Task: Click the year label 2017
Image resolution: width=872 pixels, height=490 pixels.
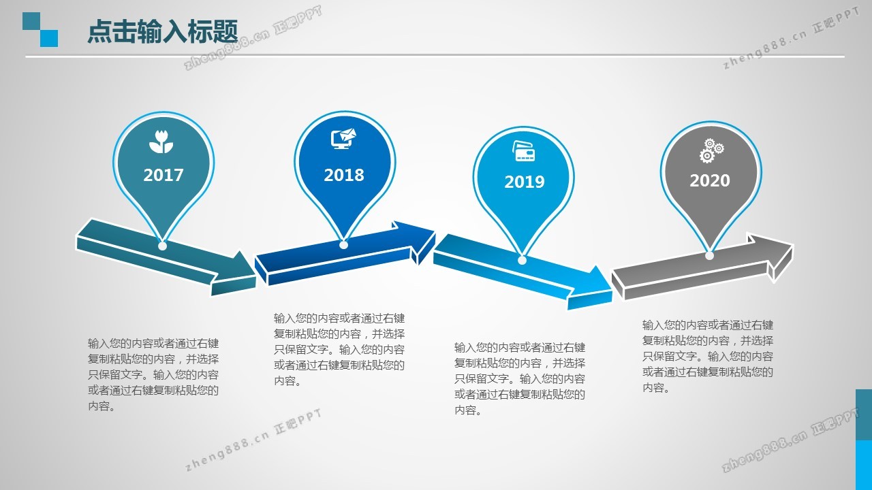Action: [x=163, y=175]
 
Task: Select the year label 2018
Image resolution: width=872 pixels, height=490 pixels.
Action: [x=344, y=175]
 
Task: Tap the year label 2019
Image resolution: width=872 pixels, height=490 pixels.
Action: [x=525, y=182]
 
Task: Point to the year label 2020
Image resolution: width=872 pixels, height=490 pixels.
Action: [x=710, y=180]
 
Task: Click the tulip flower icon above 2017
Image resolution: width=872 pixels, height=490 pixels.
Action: [x=161, y=142]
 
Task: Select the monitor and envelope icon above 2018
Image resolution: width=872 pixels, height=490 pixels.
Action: [x=343, y=138]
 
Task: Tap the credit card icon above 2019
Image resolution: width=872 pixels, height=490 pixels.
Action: [x=524, y=151]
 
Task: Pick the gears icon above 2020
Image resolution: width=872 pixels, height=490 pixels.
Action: [x=711, y=150]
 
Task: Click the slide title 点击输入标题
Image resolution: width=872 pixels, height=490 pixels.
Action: [x=163, y=31]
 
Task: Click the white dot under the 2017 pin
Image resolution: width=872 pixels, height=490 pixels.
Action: [x=163, y=246]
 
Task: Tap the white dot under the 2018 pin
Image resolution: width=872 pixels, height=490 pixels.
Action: [x=343, y=244]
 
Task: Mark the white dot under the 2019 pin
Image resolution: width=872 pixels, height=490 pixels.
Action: [x=522, y=260]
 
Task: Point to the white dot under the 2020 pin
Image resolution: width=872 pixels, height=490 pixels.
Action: [x=709, y=255]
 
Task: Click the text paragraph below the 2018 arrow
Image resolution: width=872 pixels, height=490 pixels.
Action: [x=339, y=350]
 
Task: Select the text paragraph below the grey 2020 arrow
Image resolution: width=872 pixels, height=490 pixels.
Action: [x=708, y=356]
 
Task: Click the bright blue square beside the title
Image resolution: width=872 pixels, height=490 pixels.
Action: [x=49, y=39]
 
